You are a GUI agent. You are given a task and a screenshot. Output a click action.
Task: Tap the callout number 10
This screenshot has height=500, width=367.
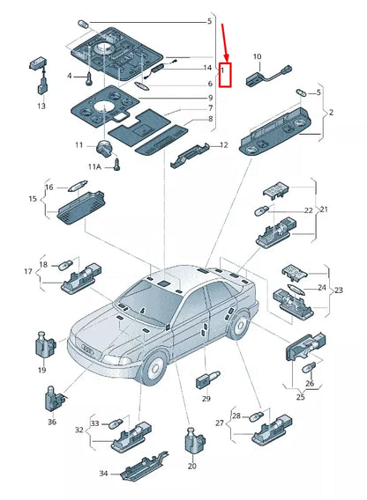257,56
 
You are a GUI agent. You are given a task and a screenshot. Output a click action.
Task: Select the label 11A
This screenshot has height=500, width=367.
94,166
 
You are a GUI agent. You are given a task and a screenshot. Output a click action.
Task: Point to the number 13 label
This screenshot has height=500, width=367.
41,106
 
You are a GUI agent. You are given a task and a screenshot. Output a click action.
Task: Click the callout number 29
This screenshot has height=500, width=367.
206,398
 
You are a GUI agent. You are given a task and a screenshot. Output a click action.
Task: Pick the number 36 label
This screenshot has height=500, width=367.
52,422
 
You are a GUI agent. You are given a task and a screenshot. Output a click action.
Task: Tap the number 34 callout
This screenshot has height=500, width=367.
103,474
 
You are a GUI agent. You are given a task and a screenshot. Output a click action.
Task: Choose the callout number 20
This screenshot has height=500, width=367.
191,466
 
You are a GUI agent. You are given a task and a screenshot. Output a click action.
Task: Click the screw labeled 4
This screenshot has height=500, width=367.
89,78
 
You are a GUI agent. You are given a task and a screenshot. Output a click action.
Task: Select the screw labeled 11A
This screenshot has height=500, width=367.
117,164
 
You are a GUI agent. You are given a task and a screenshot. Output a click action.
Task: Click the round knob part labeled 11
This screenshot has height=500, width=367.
103,147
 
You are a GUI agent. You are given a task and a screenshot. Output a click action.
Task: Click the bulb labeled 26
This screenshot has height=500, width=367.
309,369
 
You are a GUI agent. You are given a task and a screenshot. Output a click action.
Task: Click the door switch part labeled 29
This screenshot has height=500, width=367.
207,379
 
